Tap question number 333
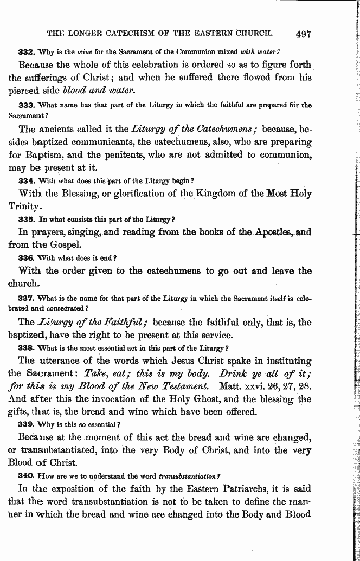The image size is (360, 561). pyautogui.click(x=26, y=105)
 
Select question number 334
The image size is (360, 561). pyautogui.click(x=26, y=179)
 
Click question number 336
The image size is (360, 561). pyautogui.click(x=26, y=257)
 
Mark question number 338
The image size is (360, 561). pyautogui.click(x=26, y=348)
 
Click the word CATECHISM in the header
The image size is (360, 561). pyautogui.click(x=126, y=33)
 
